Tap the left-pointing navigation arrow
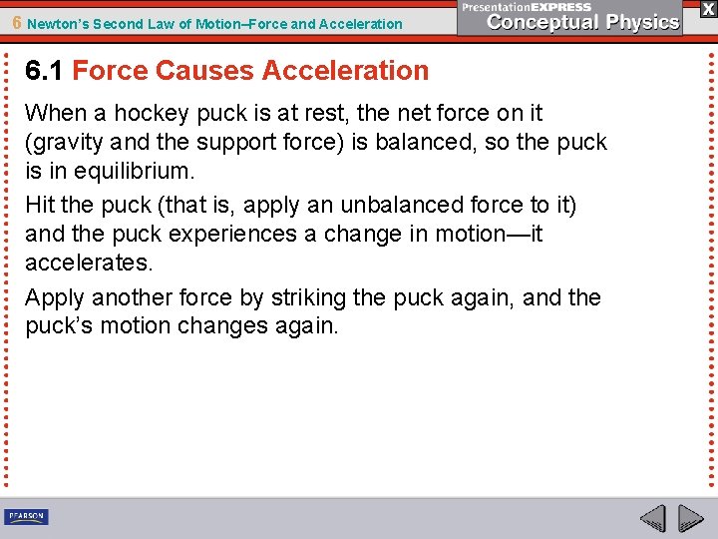click(x=653, y=519)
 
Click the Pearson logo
click(x=26, y=517)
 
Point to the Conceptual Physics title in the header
click(x=582, y=22)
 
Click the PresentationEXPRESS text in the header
click(x=527, y=7)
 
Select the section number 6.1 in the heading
click(x=45, y=71)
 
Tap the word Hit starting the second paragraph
click(x=40, y=206)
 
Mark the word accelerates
click(x=88, y=262)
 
